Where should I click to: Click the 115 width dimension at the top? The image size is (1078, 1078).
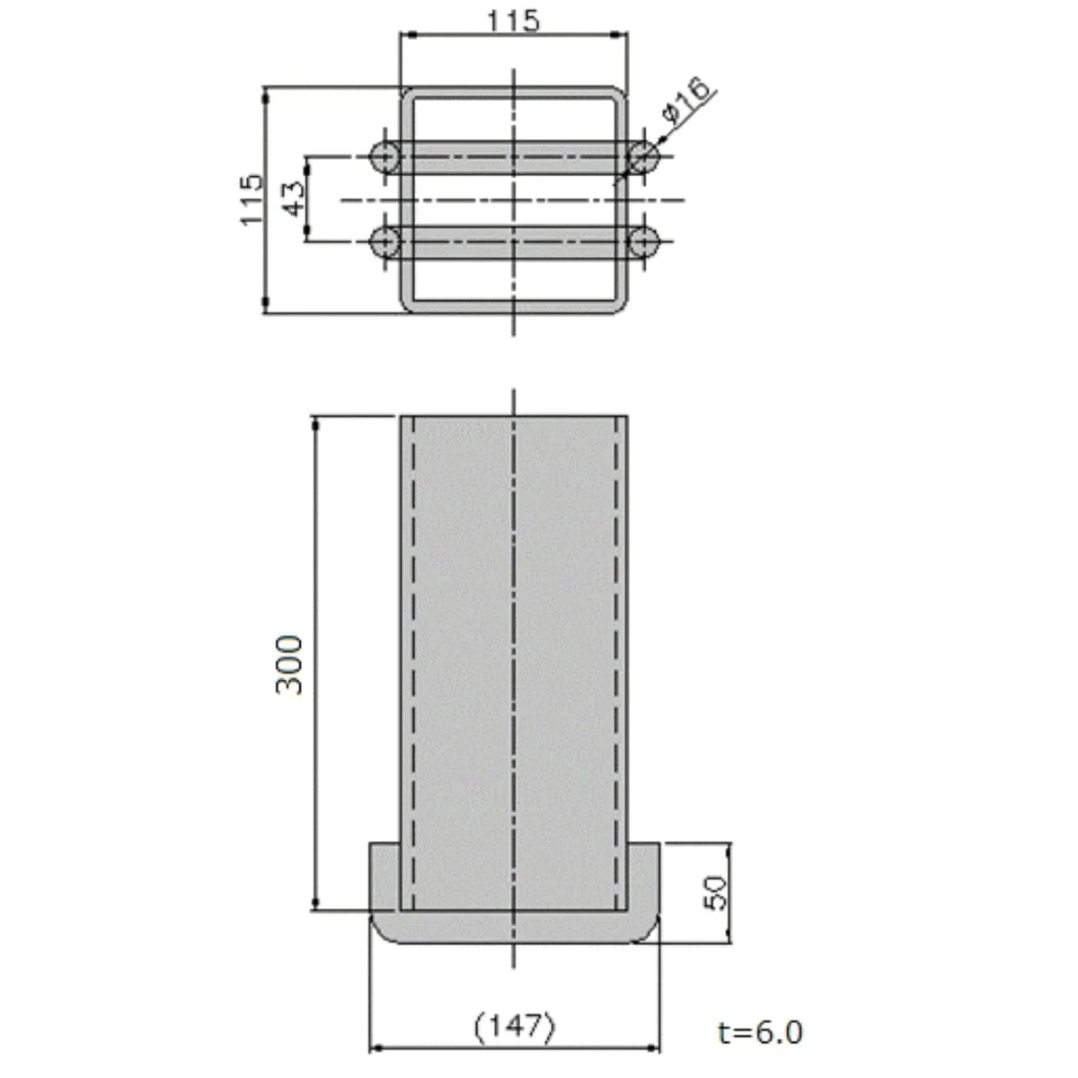tap(513, 21)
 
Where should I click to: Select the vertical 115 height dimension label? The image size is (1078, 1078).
tap(252, 199)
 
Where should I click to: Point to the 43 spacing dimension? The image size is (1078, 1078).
tap(295, 199)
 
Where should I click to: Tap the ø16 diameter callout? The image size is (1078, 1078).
tap(685, 99)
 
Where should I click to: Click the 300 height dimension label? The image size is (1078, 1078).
tap(289, 665)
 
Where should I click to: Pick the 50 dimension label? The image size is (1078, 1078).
tap(715, 893)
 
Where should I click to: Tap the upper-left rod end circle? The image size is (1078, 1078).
tap(384, 157)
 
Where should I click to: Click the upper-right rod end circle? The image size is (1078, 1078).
tap(643, 157)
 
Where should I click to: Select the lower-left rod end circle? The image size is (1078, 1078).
tap(384, 242)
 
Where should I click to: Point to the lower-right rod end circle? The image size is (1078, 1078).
tap(643, 242)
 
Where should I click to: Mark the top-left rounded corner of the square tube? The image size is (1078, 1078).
tap(408, 94)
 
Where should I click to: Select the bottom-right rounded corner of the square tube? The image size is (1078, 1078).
tap(620, 305)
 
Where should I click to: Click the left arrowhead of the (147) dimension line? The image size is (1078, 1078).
tap(376, 1047)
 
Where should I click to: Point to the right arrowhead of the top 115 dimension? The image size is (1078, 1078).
tap(621, 35)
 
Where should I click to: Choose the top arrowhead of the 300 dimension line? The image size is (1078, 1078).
tap(316, 423)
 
